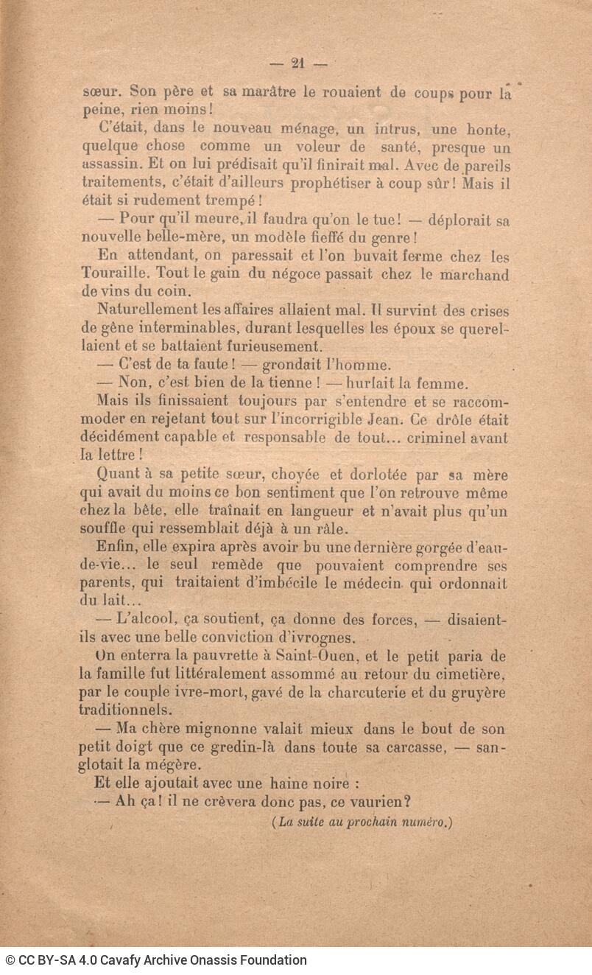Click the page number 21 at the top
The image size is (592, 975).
pos(298,63)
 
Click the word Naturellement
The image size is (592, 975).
pos(144,310)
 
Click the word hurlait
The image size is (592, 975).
pos(371,383)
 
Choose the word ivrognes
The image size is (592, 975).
pos(317,637)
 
